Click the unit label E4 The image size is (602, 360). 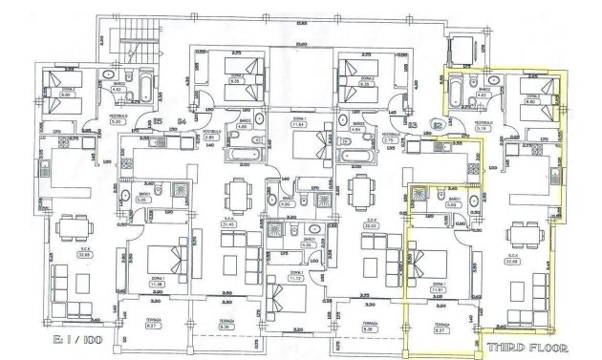(x=181, y=119)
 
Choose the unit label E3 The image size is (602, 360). (x=411, y=122)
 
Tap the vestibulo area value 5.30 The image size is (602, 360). (x=117, y=121)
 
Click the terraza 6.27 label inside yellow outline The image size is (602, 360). (x=436, y=328)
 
